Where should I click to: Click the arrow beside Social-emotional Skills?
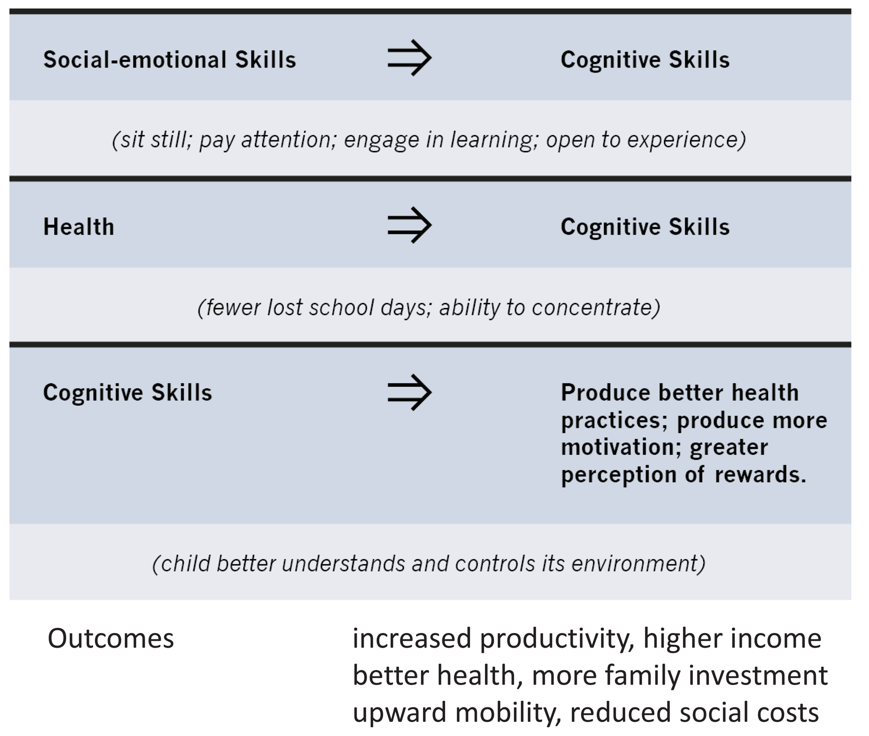tap(409, 58)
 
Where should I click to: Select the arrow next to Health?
tap(409, 225)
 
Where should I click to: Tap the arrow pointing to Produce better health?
tap(409, 392)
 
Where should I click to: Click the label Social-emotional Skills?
tap(170, 59)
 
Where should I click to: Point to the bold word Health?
tap(79, 227)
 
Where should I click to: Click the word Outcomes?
tap(111, 638)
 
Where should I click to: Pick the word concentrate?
tap(596, 307)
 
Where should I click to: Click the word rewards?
tap(760, 475)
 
